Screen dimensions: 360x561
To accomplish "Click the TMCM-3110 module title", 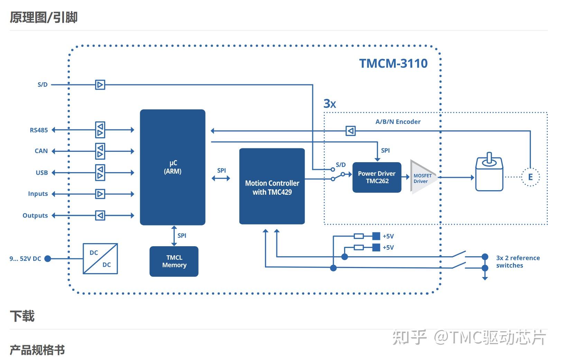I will [393, 63].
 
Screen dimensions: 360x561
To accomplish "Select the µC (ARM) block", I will [173, 167].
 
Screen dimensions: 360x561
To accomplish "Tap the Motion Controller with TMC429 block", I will [272, 186].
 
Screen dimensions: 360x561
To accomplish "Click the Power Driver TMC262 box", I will [377, 177].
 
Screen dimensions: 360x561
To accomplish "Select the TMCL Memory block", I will [174, 261].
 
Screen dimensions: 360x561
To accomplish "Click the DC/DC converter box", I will [100, 259].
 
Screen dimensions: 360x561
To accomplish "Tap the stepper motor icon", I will [489, 174].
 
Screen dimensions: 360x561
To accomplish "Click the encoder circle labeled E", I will [530, 177].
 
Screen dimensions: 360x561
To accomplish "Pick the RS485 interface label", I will [39, 130].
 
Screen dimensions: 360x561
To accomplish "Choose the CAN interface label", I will [41, 151].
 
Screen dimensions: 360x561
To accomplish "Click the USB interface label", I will [42, 173].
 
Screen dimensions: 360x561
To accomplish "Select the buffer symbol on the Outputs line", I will [100, 215].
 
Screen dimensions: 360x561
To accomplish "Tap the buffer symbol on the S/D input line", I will [100, 85].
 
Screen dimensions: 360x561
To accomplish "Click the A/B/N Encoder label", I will [398, 122].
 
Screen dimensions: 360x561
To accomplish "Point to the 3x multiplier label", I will [330, 104].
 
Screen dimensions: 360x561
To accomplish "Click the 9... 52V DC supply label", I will [25, 259].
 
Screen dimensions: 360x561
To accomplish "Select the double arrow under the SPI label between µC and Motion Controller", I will [221, 178].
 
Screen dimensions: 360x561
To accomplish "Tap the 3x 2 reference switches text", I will [517, 262].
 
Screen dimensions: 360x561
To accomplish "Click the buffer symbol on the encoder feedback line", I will [350, 131].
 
